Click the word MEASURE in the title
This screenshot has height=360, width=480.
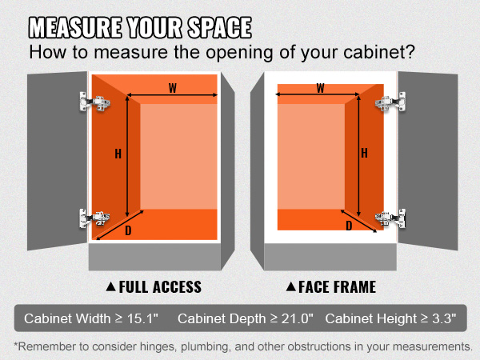75,27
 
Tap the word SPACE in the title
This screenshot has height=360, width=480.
219,27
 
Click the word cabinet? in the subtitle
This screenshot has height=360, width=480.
379,52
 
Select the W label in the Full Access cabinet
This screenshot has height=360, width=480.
173,88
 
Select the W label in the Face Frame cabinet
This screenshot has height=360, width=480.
320,88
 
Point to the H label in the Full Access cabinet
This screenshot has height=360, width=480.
118,154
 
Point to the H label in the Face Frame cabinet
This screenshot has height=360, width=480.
364,153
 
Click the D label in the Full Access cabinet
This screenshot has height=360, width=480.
128,230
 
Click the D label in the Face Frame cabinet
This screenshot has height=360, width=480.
349,226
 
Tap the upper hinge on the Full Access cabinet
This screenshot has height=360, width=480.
95,102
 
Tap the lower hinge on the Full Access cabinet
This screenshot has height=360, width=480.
94,218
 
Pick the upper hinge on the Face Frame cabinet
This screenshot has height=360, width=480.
390,102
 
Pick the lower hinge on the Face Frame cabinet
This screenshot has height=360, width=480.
390,218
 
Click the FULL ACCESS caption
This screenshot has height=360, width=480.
160,287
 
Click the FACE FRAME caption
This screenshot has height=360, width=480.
337,287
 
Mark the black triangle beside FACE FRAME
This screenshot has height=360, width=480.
291,286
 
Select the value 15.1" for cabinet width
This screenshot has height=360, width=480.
142,318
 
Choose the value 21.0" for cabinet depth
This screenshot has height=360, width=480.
298,318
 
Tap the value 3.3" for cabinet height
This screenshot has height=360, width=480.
444,318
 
